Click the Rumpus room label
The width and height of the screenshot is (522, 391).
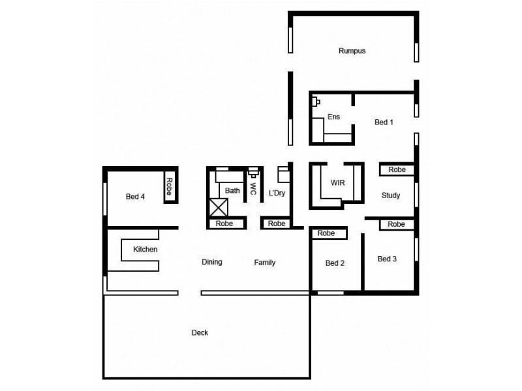[x=352, y=51]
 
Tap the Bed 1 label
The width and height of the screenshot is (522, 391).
[x=384, y=122]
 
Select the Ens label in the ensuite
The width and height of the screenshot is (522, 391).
[x=333, y=117]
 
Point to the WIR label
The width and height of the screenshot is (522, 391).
[x=337, y=183]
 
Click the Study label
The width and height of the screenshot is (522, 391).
[x=391, y=195]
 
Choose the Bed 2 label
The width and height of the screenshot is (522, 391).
[x=335, y=263]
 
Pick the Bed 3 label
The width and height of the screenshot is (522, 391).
[x=387, y=259]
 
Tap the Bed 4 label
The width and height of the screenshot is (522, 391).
[x=135, y=196]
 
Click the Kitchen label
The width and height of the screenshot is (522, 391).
[x=146, y=249]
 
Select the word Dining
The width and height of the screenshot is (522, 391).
[x=211, y=263]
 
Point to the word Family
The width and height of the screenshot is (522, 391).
[x=264, y=263]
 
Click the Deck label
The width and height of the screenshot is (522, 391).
[x=200, y=333]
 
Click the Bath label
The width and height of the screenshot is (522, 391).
[x=232, y=191]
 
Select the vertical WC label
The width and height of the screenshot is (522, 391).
[x=253, y=188]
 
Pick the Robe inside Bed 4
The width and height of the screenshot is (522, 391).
[x=168, y=186]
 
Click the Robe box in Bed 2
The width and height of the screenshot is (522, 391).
[x=326, y=233]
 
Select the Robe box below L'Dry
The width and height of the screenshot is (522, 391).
[x=277, y=224]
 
